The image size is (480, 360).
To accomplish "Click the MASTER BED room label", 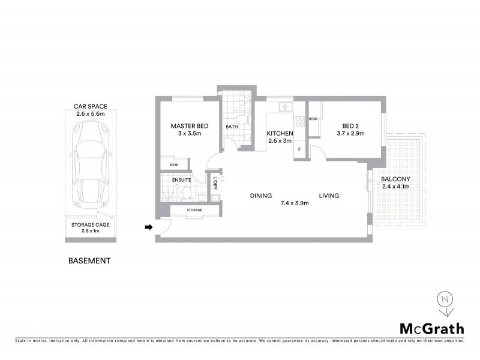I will click(190, 125).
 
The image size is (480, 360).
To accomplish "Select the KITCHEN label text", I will click(280, 133).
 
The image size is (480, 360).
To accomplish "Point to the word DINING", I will click(261, 196).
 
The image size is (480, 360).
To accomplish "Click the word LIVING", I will click(329, 196).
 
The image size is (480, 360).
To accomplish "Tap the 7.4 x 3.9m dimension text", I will click(294, 203).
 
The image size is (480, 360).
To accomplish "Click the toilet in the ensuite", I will click(187, 193).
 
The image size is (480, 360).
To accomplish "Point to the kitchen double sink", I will click(285, 108).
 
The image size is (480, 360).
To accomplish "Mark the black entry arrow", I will click(149, 227).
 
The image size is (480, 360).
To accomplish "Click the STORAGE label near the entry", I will click(194, 210).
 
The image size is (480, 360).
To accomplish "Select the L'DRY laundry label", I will click(214, 182).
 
